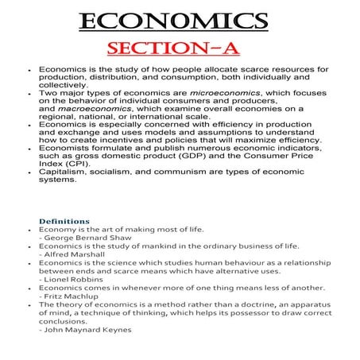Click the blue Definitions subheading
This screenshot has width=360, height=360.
64,221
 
